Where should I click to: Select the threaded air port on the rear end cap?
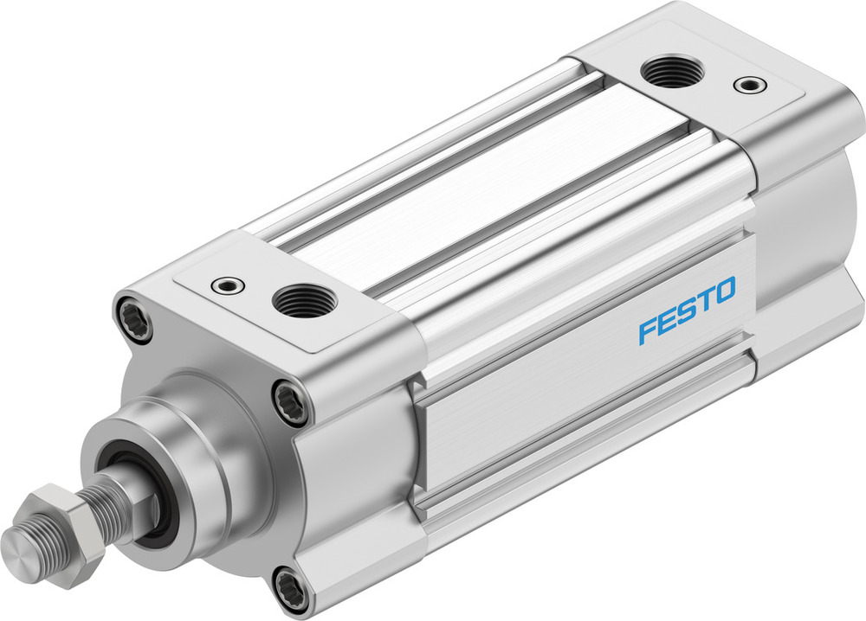click(667, 70)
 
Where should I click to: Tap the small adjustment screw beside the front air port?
click(228, 284)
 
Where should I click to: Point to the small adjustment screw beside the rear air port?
click(747, 85)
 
